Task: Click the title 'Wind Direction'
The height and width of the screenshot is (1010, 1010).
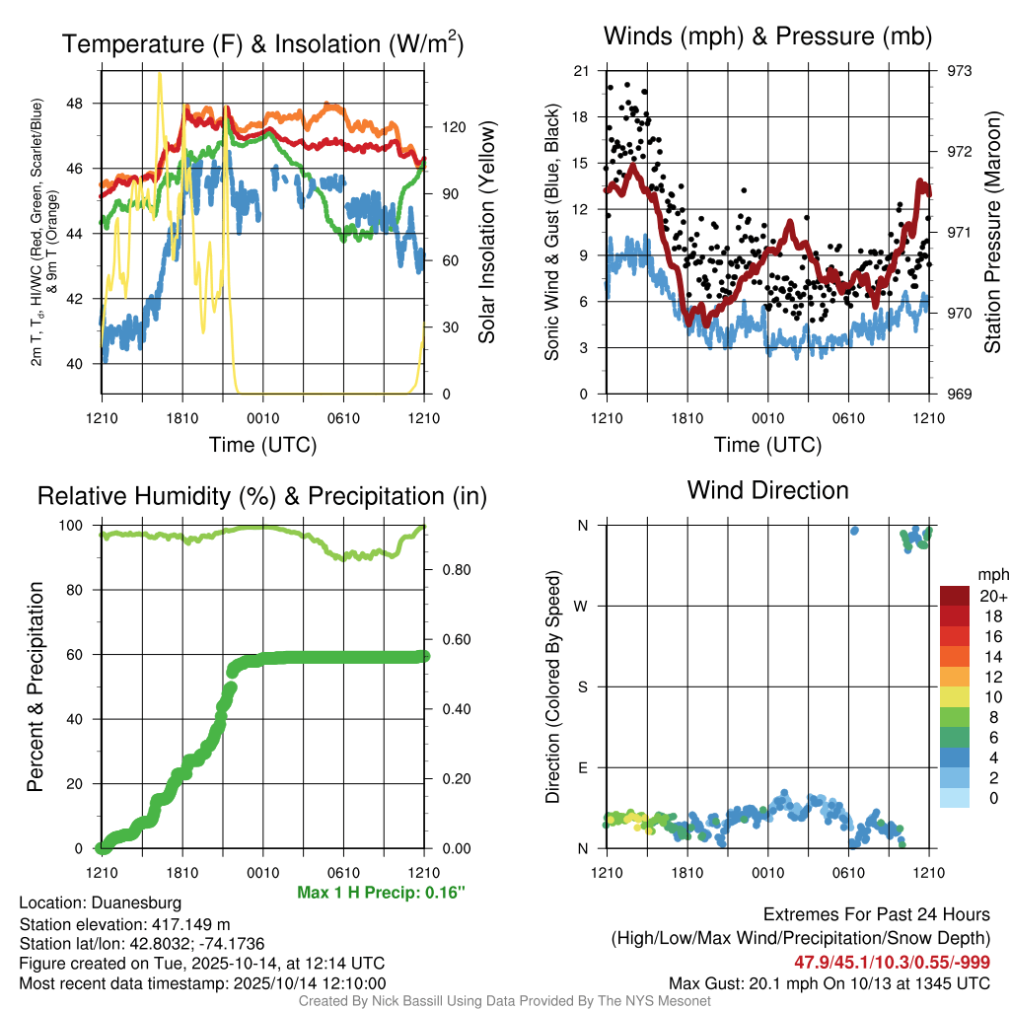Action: coord(767,490)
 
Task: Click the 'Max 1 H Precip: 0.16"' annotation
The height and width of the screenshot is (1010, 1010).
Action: coord(381,893)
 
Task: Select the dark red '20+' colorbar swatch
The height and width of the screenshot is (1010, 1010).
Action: coord(956,596)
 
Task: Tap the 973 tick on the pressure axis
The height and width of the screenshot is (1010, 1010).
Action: coord(960,71)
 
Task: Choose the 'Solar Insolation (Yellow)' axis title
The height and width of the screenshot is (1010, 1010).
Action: coord(486,232)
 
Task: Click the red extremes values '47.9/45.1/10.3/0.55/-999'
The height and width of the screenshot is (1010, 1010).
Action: coord(892,962)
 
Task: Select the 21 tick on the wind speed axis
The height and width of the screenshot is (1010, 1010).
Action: coord(582,71)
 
